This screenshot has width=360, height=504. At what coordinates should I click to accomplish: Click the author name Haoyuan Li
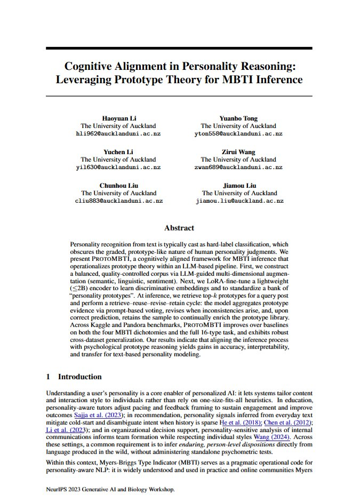pos(118,118)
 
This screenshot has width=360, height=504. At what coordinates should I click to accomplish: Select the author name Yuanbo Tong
pos(238,118)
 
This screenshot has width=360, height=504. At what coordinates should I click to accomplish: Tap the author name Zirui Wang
pos(238,152)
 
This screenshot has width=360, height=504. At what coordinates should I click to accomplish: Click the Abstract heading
pos(179,228)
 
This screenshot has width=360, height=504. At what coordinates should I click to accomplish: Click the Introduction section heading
pos(79,377)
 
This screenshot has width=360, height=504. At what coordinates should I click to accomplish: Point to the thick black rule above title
pos(179,49)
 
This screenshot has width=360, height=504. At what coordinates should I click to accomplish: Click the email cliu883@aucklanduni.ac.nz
pos(118,201)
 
